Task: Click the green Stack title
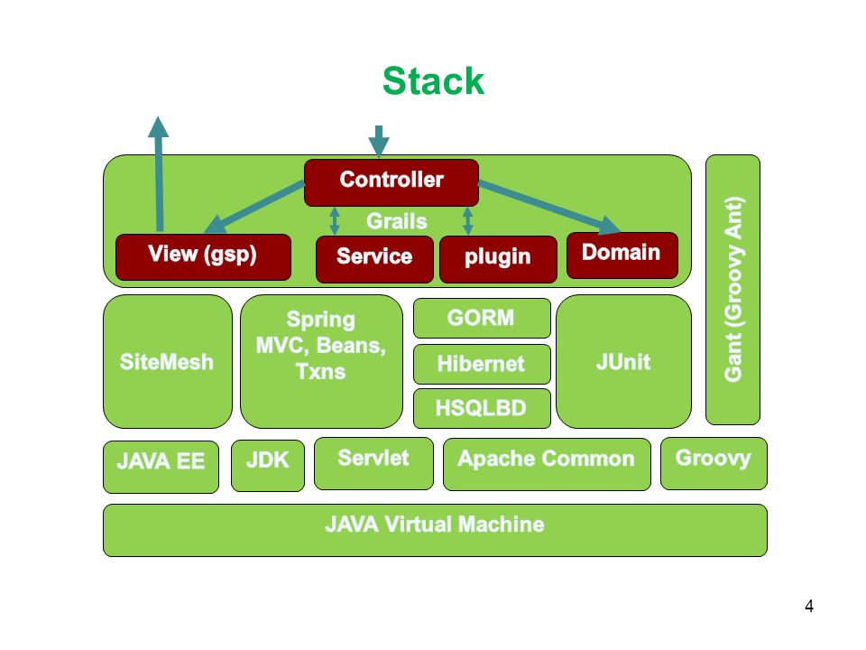coord(433,81)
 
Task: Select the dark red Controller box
coord(392,182)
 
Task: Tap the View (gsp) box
coord(203,257)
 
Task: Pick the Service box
coord(374,259)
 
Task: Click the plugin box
coord(498,259)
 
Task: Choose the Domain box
coord(622,255)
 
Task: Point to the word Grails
coord(397,221)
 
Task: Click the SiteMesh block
coord(168,361)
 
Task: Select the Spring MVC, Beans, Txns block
coord(321,361)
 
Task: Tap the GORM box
coord(482,318)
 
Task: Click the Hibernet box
coord(482,364)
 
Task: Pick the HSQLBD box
coord(482,408)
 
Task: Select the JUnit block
coord(623,361)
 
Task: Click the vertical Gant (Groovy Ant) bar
coord(732,290)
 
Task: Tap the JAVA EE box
coord(161,467)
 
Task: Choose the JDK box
coord(268,466)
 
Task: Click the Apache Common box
coord(547,464)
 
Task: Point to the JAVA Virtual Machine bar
coord(435,530)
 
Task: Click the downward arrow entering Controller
coord(379,142)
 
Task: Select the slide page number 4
coord(809,607)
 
